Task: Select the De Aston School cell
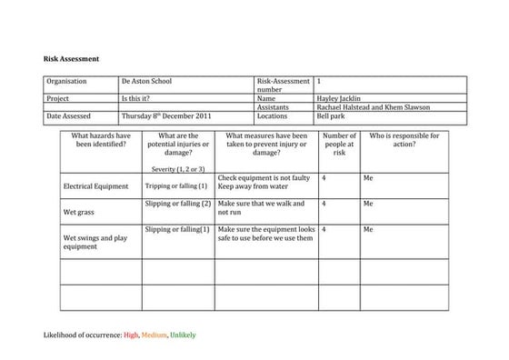click(x=146, y=82)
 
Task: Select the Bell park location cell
click(x=333, y=116)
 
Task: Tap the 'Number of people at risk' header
click(x=340, y=145)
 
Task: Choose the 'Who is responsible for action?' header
click(x=404, y=140)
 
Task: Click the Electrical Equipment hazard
click(x=95, y=186)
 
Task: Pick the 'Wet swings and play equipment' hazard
click(x=95, y=242)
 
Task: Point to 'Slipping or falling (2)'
click(x=178, y=204)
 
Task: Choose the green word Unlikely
click(x=183, y=335)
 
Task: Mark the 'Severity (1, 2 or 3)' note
click(x=178, y=169)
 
